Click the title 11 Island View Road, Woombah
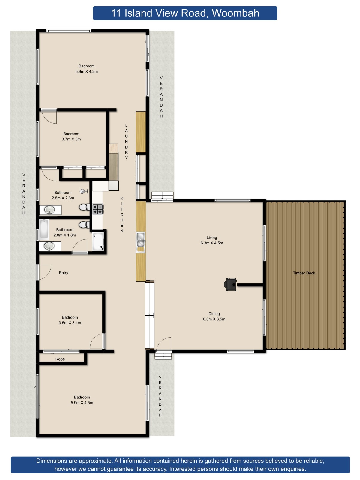[185, 13]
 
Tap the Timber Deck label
[304, 273]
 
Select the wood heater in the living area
[231, 284]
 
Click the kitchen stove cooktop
[98, 209]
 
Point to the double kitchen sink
[141, 239]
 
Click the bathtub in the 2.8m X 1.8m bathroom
[44, 229]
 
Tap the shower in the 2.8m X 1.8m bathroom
[98, 241]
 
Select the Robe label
[60, 359]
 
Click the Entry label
[64, 273]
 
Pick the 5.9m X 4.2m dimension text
[87, 72]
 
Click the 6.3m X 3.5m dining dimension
[214, 319]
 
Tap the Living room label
[212, 238]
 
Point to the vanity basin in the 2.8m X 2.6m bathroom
[50, 210]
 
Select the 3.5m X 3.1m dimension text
[70, 323]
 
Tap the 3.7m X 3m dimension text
[71, 139]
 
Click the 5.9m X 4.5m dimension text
[82, 403]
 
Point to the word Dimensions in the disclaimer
[52, 461]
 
